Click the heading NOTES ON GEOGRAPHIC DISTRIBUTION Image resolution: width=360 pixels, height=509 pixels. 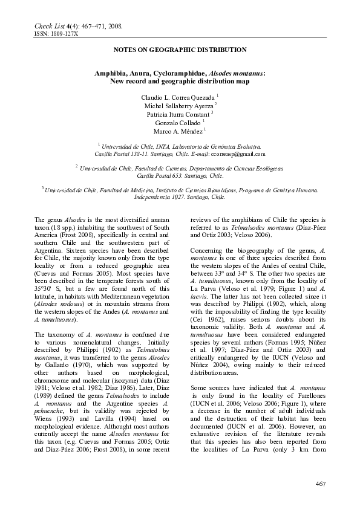[180, 50]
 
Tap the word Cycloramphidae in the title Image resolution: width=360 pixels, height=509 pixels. [172, 73]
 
